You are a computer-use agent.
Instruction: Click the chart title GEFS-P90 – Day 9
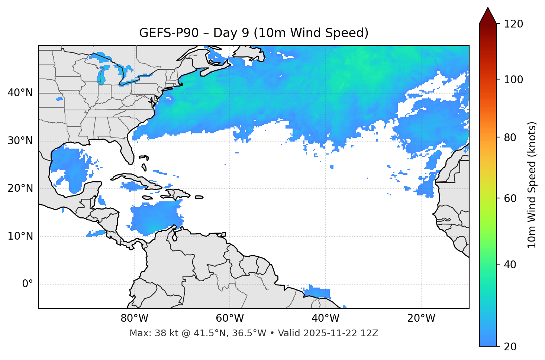[x=254, y=33]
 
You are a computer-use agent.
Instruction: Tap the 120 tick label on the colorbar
[x=513, y=24]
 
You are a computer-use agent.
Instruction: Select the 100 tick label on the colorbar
[x=513, y=80]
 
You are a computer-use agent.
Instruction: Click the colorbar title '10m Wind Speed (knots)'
[x=532, y=185]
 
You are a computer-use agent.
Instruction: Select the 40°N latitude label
[x=20, y=93]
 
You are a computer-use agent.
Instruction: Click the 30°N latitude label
[x=20, y=141]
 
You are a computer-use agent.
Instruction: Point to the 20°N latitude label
[x=20, y=188]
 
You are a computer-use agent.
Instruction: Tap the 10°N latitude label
[x=20, y=236]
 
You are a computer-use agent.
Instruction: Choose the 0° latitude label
[x=28, y=284]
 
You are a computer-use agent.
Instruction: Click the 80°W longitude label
[x=134, y=318]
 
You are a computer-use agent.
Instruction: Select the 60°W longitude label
[x=230, y=318]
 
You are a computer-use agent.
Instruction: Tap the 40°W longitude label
[x=325, y=318]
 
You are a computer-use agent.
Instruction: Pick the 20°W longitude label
[x=421, y=318]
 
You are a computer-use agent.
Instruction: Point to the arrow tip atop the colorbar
[x=488, y=8]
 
